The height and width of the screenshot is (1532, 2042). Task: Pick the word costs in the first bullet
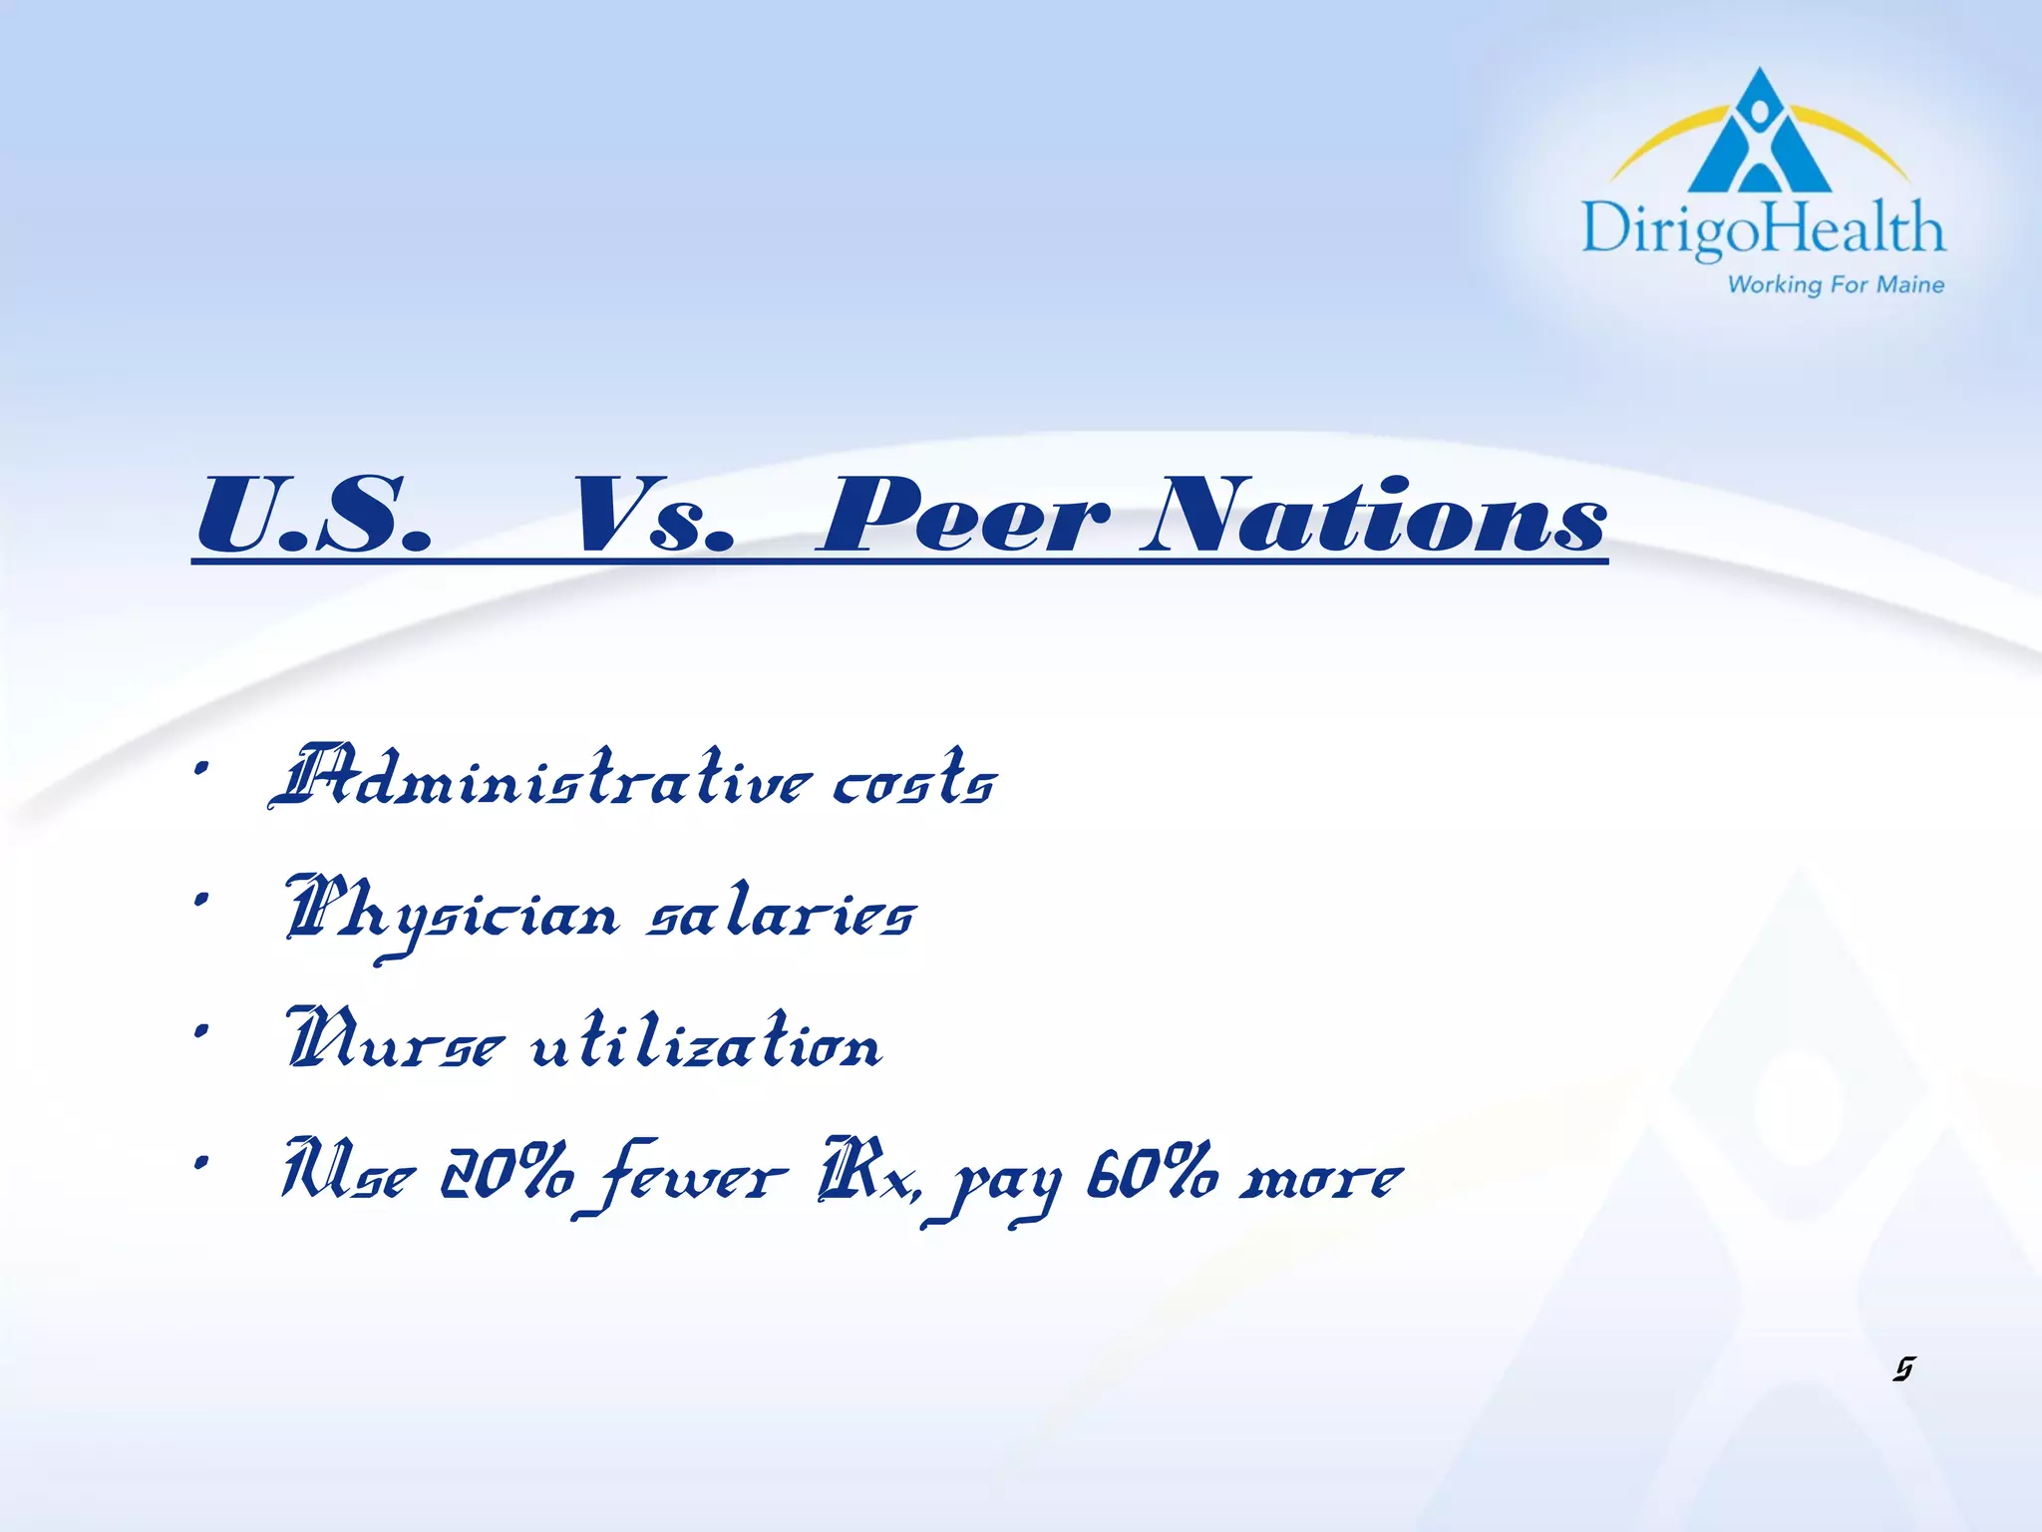coord(914,779)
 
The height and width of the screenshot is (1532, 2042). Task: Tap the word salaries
coord(781,913)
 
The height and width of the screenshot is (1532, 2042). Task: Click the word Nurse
coord(394,1042)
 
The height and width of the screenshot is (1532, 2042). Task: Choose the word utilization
coord(706,1042)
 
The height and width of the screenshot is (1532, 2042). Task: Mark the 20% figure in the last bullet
coord(508,1174)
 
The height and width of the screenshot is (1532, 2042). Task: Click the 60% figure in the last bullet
coord(1152,1174)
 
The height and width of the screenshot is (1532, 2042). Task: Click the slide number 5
coord(1903,1369)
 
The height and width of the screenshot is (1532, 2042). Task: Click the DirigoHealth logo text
coord(1763,228)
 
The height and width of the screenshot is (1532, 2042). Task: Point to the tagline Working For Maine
coord(1836,285)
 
